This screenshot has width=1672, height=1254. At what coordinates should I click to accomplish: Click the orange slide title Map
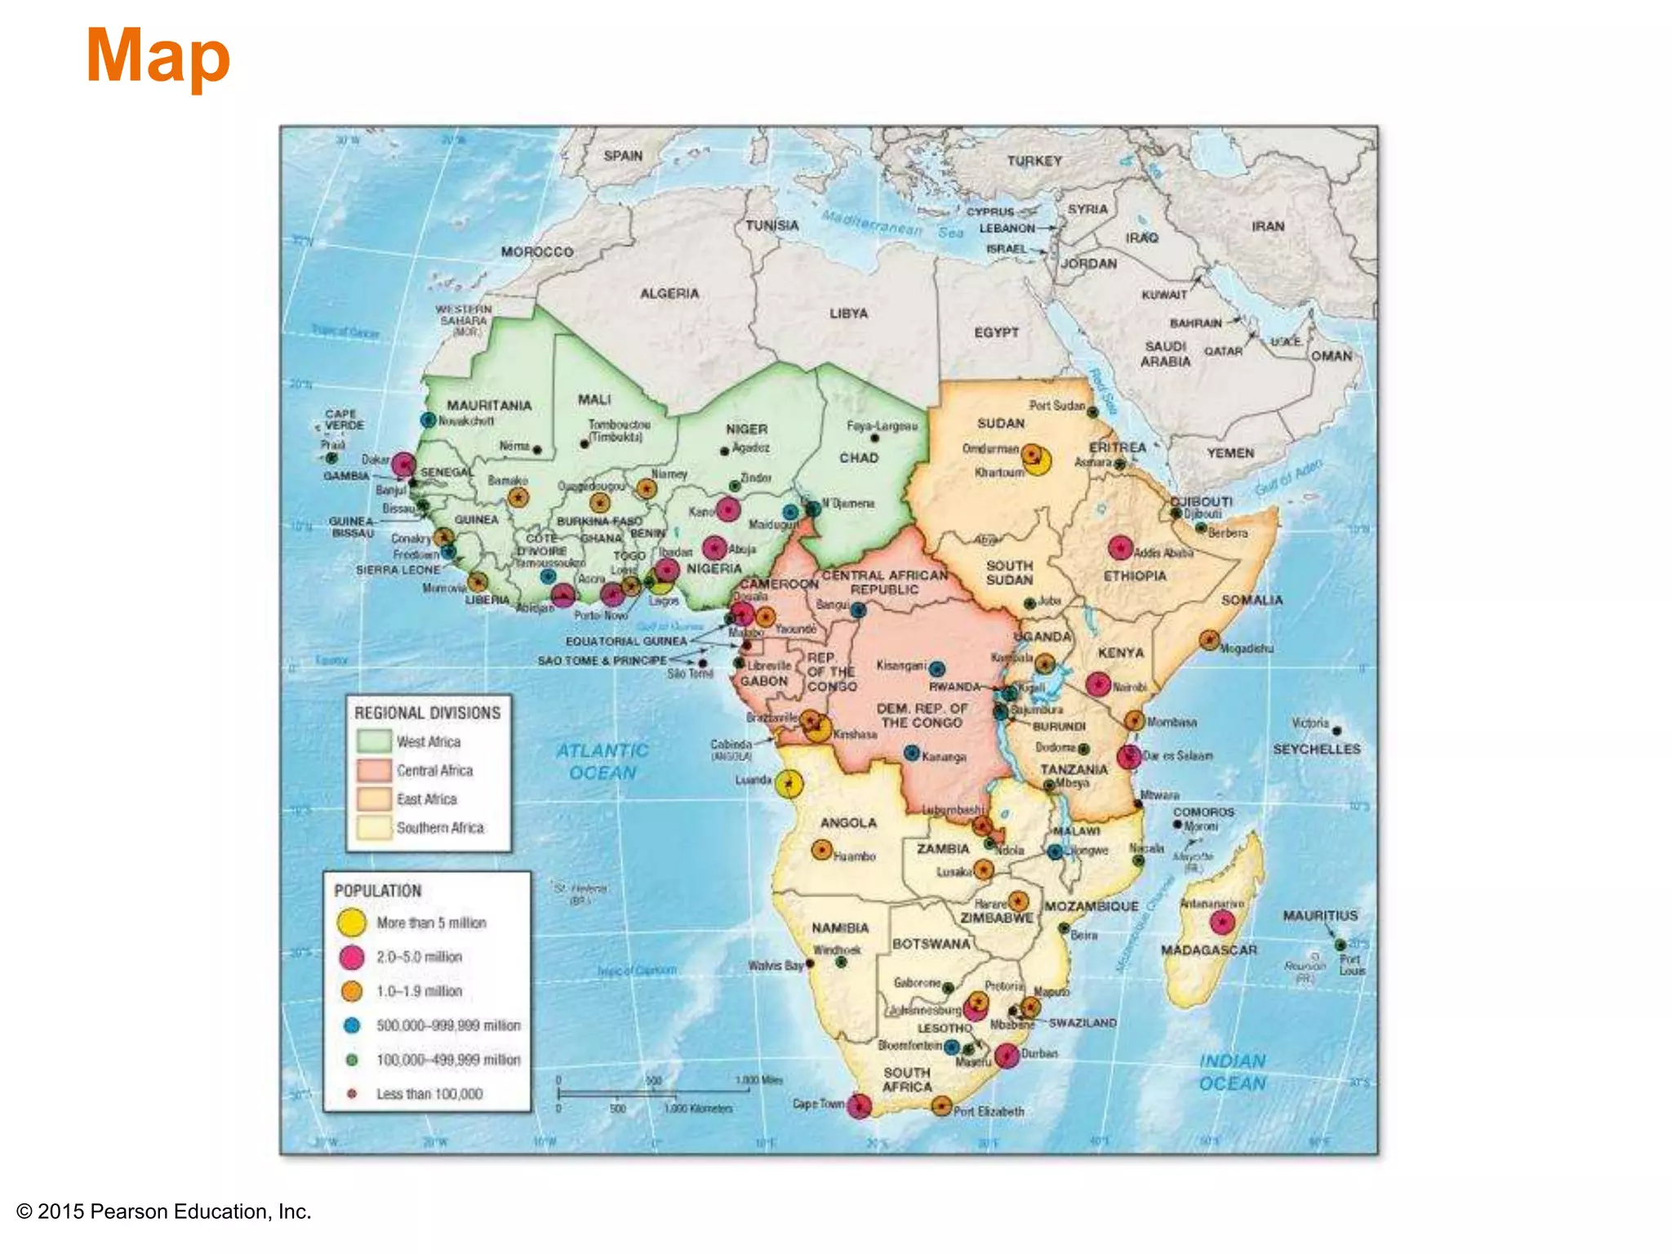[x=158, y=57]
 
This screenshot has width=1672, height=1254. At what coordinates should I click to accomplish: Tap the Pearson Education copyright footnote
[x=164, y=1212]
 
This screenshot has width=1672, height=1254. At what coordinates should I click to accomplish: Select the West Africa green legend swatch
[x=374, y=740]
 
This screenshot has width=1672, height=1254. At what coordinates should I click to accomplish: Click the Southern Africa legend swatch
[x=374, y=828]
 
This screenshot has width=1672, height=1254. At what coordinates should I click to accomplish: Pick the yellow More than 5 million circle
[x=351, y=923]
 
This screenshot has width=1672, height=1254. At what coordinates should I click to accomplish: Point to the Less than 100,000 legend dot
[x=352, y=1094]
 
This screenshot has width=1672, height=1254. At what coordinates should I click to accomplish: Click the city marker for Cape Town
[x=858, y=1106]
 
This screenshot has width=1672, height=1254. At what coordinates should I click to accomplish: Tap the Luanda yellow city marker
[x=788, y=784]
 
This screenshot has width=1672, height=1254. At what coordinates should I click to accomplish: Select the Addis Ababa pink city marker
[x=1120, y=547]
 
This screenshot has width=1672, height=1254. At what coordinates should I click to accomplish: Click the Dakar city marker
[x=403, y=465]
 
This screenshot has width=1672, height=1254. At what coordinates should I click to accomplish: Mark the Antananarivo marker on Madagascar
[x=1221, y=923]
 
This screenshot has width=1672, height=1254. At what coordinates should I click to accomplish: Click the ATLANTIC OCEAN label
[x=603, y=761]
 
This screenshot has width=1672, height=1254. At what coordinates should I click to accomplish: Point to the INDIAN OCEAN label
[x=1232, y=1072]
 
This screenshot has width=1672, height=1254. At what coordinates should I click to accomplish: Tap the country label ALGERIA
[x=669, y=293]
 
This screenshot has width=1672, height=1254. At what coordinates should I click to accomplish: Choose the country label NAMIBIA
[x=840, y=928]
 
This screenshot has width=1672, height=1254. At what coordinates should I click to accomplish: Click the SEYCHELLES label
[x=1316, y=749]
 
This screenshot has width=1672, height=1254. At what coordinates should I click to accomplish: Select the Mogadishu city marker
[x=1209, y=640]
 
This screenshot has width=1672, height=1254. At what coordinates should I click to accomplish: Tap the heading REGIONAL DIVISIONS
[x=427, y=713]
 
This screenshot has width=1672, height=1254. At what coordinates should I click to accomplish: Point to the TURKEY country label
[x=1034, y=161]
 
